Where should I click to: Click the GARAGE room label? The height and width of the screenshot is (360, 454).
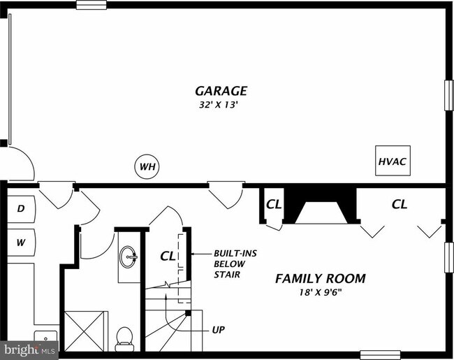pyautogui.click(x=221, y=91)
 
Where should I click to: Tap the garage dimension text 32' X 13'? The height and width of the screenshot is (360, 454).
pyautogui.click(x=221, y=105)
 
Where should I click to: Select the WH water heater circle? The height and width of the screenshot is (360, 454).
pyautogui.click(x=147, y=167)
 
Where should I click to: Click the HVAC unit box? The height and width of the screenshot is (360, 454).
pyautogui.click(x=393, y=161)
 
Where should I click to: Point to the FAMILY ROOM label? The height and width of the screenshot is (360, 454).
pyautogui.click(x=320, y=278)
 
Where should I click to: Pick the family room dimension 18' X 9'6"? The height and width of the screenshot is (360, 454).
pyautogui.click(x=320, y=292)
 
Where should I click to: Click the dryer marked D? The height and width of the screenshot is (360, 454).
pyautogui.click(x=21, y=208)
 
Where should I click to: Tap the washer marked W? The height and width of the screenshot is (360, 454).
pyautogui.click(x=21, y=243)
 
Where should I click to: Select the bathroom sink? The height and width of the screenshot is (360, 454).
pyautogui.click(x=129, y=259)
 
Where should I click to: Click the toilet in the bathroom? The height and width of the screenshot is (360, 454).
pyautogui.click(x=125, y=337)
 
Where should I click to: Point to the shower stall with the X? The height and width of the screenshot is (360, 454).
pyautogui.click(x=87, y=331)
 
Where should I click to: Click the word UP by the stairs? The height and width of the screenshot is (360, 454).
pyautogui.click(x=219, y=329)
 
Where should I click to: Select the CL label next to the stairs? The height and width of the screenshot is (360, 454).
pyautogui.click(x=168, y=256)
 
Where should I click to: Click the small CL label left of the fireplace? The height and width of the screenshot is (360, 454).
pyautogui.click(x=273, y=205)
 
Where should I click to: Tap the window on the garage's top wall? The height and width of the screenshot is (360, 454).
pyautogui.click(x=91, y=5)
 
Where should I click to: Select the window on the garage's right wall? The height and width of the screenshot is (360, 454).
pyautogui.click(x=449, y=94)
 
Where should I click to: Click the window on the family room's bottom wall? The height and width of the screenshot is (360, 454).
pyautogui.click(x=379, y=355)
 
